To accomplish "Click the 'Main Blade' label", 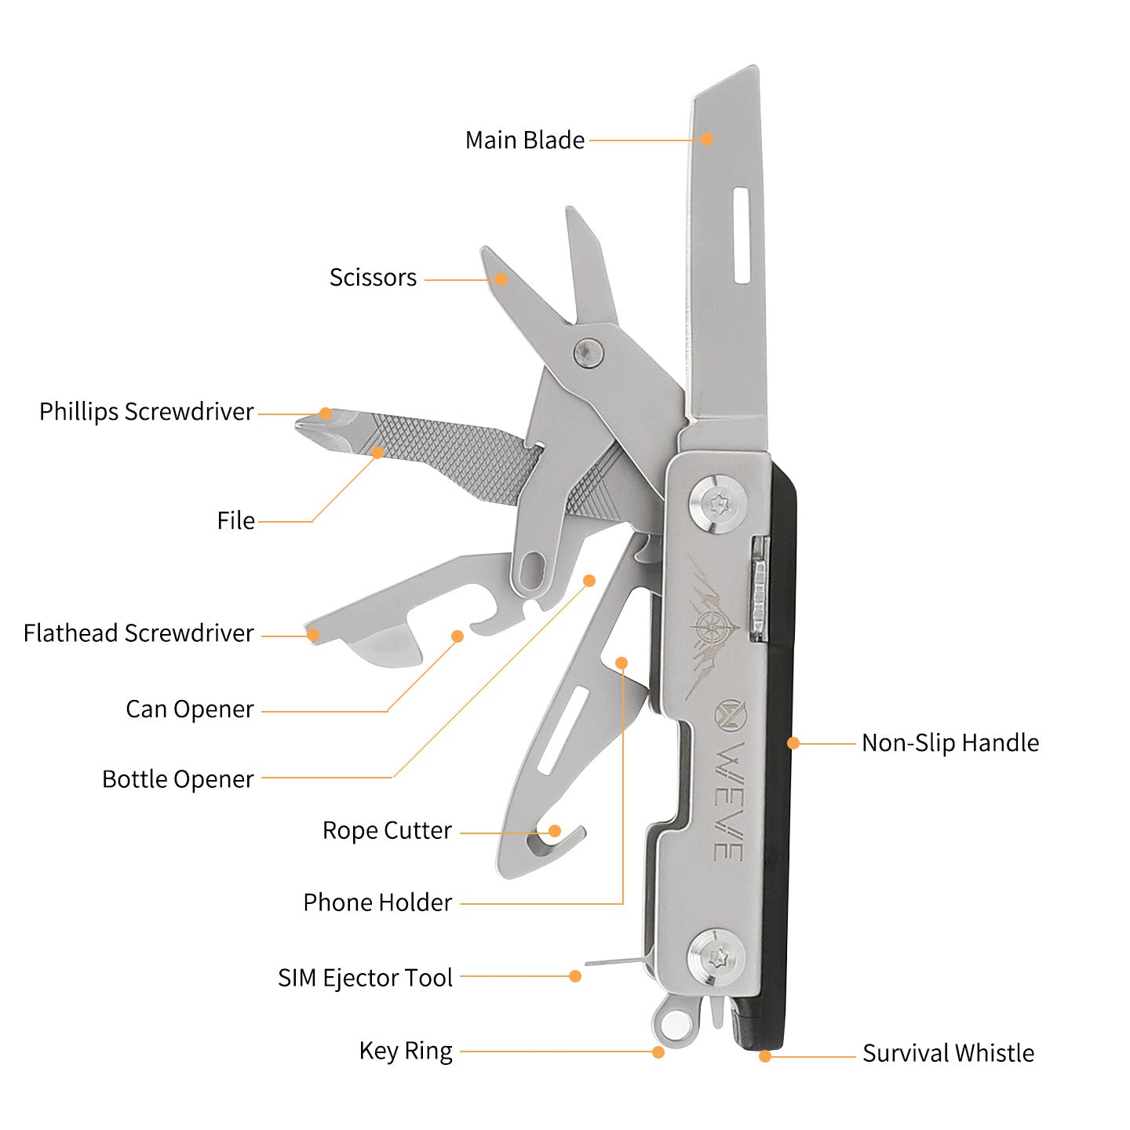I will (x=524, y=140).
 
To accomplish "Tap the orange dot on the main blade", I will (x=706, y=139).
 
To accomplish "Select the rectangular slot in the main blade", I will (x=741, y=235).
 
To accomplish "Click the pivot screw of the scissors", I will (x=588, y=351).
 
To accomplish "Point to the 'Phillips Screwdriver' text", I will (x=147, y=412).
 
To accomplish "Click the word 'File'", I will (x=235, y=521).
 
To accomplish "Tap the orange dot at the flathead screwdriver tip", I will (x=312, y=635).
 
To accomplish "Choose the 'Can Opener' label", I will (x=189, y=709).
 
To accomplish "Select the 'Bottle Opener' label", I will (x=178, y=779).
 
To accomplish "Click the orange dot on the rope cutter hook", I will (x=555, y=831).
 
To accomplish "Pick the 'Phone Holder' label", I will (x=377, y=902).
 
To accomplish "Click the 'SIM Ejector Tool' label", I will (x=365, y=978).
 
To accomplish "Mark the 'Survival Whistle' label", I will (x=948, y=1053).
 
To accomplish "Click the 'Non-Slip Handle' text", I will (x=950, y=743).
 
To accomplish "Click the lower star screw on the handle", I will (x=716, y=957).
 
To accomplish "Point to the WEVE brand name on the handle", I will (x=728, y=800).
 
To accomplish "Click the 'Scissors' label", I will (x=373, y=278).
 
